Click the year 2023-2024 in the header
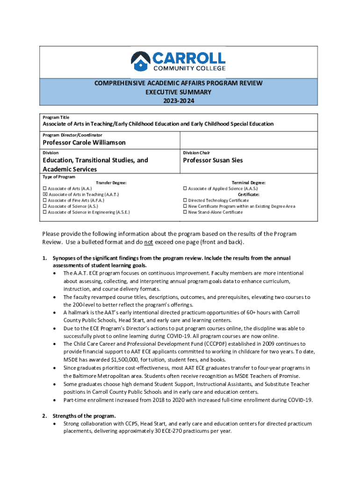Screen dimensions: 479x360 (x=179, y=101)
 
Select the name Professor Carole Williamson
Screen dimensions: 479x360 (x=84, y=142)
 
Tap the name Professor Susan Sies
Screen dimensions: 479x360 (x=213, y=160)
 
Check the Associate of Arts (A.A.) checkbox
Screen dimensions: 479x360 (x=45, y=189)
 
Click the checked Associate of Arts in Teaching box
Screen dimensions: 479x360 (x=45, y=195)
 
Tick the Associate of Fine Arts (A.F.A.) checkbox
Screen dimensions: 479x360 (x=45, y=200)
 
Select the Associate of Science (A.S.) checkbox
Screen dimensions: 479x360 (x=45, y=206)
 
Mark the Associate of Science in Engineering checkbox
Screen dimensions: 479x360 (x=45, y=212)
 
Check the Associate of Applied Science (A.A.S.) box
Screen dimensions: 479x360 (x=185, y=189)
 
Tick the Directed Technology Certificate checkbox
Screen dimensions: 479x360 (x=185, y=200)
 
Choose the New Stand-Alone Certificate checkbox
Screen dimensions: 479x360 (x=185, y=212)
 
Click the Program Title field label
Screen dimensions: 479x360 (x=56, y=117)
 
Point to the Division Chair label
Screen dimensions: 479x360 (x=196, y=152)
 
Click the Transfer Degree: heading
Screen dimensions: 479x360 (x=111, y=183)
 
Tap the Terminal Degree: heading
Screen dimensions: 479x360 (x=249, y=183)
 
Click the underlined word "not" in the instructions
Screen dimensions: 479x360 (x=148, y=242)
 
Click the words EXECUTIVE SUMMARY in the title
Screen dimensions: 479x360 (x=179, y=92)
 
